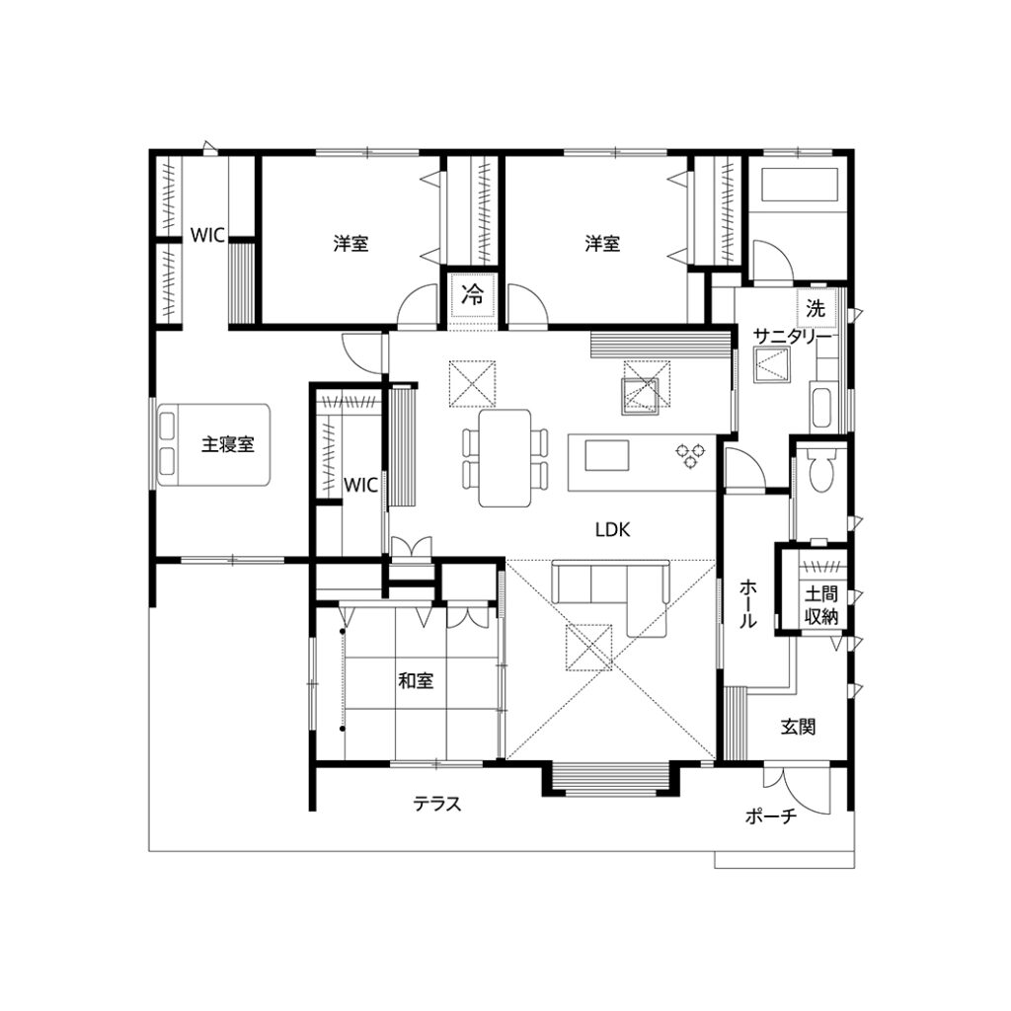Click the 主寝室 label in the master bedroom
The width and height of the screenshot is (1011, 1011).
pyautogui.click(x=228, y=445)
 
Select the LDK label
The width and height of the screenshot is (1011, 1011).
pyautogui.click(x=612, y=529)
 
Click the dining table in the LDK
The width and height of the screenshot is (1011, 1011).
pyautogui.click(x=505, y=458)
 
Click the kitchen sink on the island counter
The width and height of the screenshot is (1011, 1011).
pyautogui.click(x=606, y=455)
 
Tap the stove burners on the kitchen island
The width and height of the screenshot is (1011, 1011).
pyautogui.click(x=688, y=453)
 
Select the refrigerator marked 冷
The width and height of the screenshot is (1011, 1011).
pyautogui.click(x=473, y=293)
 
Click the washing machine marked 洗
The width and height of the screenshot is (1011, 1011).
pyautogui.click(x=816, y=308)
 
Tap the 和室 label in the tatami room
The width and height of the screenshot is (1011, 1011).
pyautogui.click(x=415, y=680)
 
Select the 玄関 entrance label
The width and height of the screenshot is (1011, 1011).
pyautogui.click(x=798, y=728)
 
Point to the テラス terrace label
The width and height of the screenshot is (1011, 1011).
pyautogui.click(x=437, y=804)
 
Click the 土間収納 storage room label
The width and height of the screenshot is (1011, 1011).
pyautogui.click(x=820, y=605)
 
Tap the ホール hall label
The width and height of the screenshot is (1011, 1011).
pyautogui.click(x=747, y=605)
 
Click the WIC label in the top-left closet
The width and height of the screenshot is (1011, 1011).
pyautogui.click(x=207, y=235)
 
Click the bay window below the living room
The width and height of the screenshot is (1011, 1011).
pyautogui.click(x=611, y=779)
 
